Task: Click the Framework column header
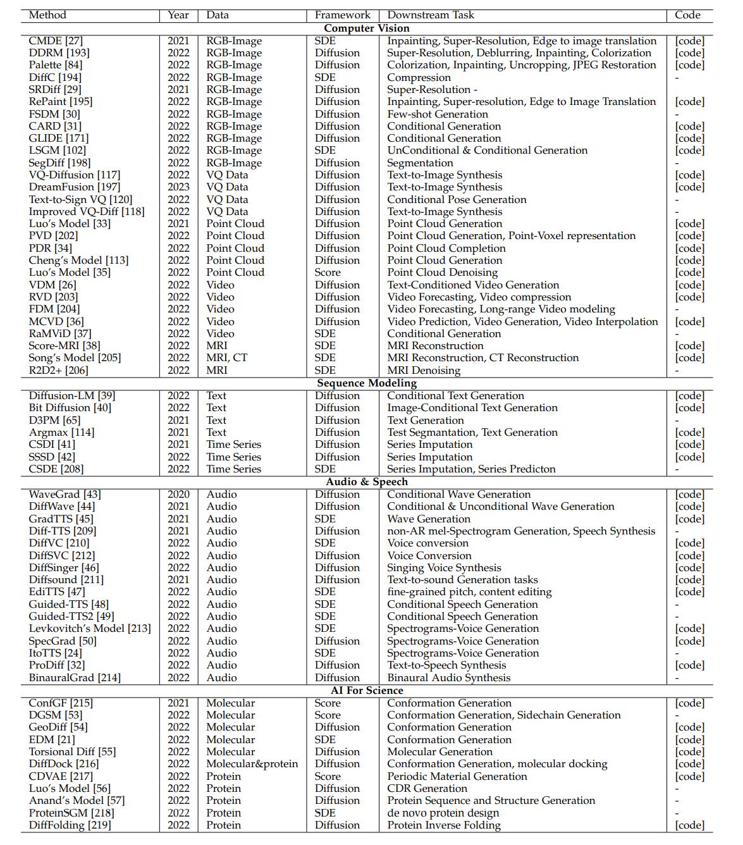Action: pos(343,15)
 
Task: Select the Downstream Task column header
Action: pos(431,15)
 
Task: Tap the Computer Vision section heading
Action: pos(367,28)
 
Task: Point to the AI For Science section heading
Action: pos(367,690)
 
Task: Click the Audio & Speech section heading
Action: pos(367,481)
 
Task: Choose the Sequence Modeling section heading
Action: pos(367,383)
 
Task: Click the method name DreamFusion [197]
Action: pos(70,187)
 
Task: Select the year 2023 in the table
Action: pos(178,187)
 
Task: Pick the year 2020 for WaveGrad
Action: pos(178,494)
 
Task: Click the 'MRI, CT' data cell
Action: pos(227,357)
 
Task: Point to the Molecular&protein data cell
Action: pos(252,763)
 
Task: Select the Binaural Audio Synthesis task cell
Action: pos(448,677)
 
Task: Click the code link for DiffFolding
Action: pos(689,825)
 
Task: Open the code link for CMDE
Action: pos(689,40)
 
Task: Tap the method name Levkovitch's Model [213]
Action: pos(90,628)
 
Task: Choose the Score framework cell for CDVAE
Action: pos(328,776)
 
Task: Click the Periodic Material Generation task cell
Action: pos(457,776)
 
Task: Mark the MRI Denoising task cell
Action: pos(424,370)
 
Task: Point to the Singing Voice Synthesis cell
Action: pos(444,567)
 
